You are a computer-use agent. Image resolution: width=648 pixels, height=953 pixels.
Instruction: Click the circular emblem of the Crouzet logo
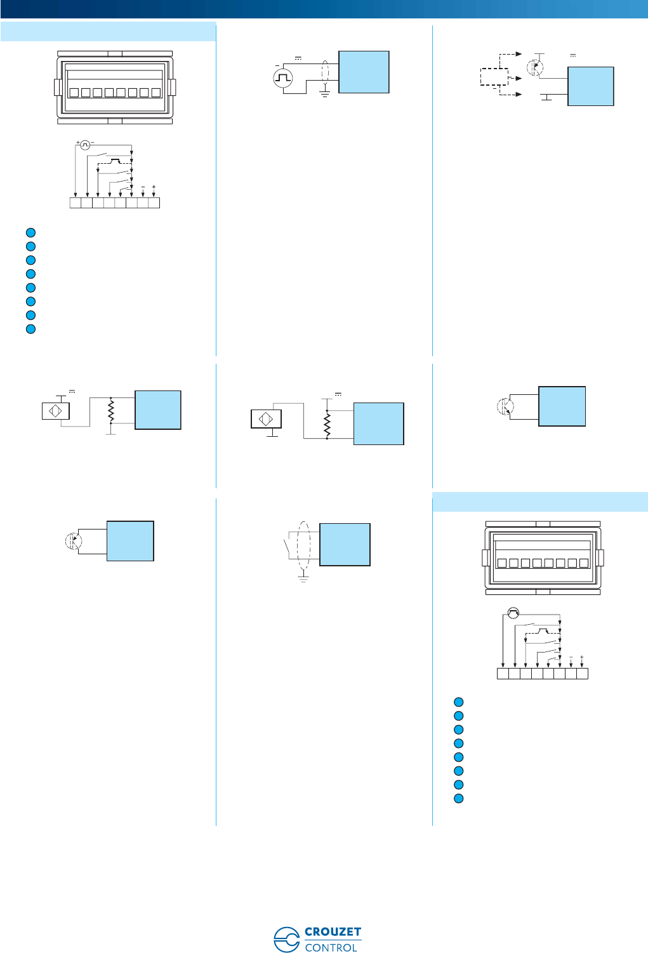pos(286,940)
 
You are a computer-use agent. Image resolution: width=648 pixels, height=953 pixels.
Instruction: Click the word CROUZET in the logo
pos(333,932)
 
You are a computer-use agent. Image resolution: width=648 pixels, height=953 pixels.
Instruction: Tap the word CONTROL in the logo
pos(331,947)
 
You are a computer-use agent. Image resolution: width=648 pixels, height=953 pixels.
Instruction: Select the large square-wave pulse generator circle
pos(282,78)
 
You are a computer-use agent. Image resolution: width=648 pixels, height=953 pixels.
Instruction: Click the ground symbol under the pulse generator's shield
pos(324,95)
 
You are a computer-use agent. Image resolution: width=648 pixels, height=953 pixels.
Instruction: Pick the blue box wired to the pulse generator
pos(364,72)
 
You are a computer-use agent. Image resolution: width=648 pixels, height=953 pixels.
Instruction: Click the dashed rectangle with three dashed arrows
pos(493,77)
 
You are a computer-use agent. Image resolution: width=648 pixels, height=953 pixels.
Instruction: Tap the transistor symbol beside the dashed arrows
pos(536,67)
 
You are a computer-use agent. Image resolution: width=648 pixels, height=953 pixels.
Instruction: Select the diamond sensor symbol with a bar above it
pos(55,411)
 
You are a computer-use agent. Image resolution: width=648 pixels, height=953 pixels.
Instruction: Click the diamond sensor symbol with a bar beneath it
pos(266,419)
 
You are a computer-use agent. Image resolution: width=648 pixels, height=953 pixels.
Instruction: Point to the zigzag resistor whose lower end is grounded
pos(111,411)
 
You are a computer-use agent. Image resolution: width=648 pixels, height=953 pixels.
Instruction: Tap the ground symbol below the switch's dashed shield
pos(303,578)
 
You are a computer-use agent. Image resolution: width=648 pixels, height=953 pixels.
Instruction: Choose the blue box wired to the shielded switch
pos(345,544)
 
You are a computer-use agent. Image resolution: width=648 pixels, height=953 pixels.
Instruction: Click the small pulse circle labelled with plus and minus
pos(86,145)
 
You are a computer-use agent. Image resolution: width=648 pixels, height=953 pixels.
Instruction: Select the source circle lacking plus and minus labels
pos(513,613)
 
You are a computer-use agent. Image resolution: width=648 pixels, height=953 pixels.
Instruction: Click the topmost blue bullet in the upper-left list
pos(30,232)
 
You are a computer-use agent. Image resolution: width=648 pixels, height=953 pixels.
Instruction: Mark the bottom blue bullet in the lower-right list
pos(459,799)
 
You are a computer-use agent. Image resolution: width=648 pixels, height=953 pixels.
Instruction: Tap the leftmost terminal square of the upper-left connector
pos(74,93)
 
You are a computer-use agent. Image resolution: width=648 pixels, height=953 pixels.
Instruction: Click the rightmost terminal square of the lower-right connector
pos(583,563)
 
